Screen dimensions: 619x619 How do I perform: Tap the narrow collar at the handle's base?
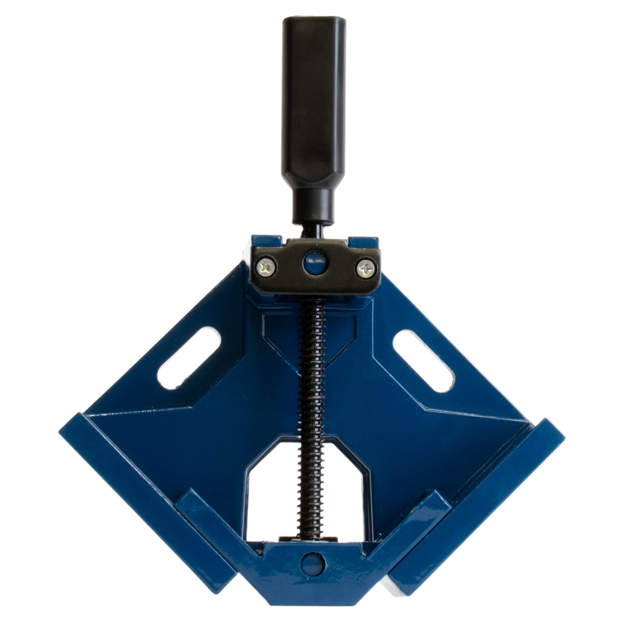tap(314, 206)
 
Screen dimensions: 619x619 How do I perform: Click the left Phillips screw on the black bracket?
tap(267, 266)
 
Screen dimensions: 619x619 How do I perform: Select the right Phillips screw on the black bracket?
tap(365, 268)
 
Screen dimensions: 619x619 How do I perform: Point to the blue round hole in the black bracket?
tap(315, 262)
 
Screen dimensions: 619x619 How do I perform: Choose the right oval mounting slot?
tap(423, 361)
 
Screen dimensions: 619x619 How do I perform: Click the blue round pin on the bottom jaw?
tap(313, 563)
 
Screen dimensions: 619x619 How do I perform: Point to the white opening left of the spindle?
tap(272, 496)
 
